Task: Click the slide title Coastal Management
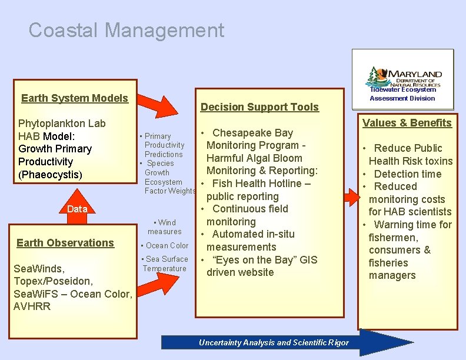tap(126, 30)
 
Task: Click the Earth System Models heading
tap(75, 98)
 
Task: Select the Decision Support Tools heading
tap(259, 107)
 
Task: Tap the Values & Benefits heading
tap(407, 123)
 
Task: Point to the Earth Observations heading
tap(65, 243)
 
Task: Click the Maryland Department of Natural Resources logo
tap(403, 76)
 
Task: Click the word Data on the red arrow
tap(77, 209)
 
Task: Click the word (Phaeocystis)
tap(50, 175)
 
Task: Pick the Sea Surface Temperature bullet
tap(165, 264)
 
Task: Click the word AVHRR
tap(32, 306)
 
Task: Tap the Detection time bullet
tap(407, 174)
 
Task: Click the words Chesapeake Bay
tap(252, 133)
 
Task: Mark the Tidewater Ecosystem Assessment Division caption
tap(402, 94)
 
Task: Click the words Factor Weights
tap(170, 191)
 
